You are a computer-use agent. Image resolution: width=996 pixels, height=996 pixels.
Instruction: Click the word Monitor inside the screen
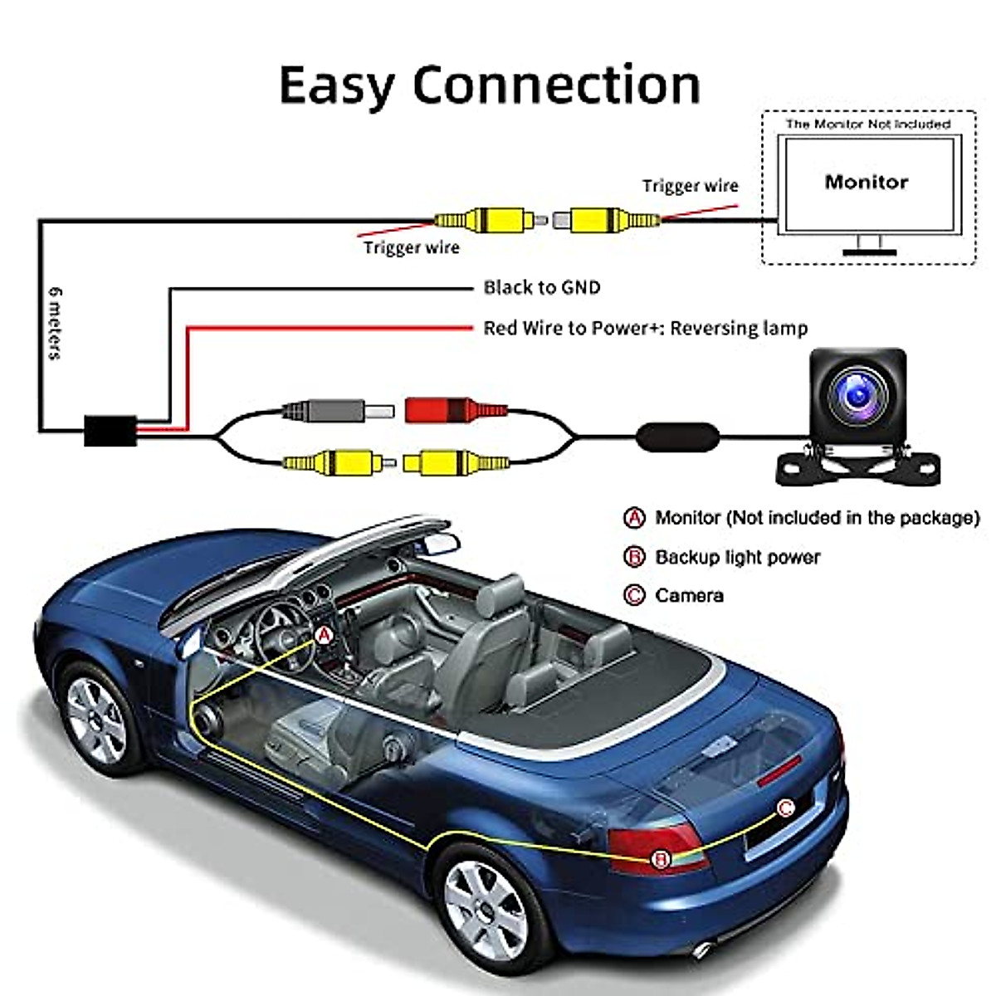click(x=866, y=182)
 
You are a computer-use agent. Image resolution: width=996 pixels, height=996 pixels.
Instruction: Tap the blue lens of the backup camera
click(x=856, y=397)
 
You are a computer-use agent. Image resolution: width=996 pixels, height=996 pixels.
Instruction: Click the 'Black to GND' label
click(x=541, y=287)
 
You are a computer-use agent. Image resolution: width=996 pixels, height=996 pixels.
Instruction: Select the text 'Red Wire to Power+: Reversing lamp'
click(x=645, y=328)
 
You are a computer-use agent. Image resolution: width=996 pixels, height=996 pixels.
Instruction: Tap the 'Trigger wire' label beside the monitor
click(x=690, y=186)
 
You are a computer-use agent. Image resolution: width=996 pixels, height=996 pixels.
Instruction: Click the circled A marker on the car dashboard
click(x=324, y=636)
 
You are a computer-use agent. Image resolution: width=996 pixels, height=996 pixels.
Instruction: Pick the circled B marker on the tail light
click(x=661, y=859)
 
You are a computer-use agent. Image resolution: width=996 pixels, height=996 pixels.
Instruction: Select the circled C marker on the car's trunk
click(x=785, y=808)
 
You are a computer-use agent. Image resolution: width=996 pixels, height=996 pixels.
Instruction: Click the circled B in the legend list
click(x=634, y=557)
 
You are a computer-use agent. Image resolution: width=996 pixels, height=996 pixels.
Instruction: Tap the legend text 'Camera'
click(x=689, y=595)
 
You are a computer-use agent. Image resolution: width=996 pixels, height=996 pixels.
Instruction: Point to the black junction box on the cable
click(x=110, y=430)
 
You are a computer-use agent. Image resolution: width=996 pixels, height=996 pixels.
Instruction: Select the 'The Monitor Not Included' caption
click(x=867, y=124)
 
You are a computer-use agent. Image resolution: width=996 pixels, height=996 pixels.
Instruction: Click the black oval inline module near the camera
click(x=677, y=434)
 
